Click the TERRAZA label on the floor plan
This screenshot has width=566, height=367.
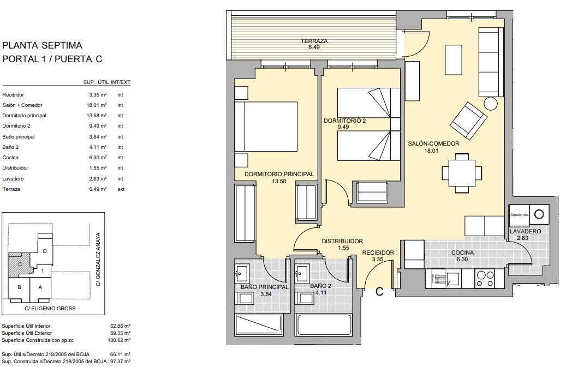[x=314, y=41]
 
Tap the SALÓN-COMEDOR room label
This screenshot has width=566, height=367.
[x=434, y=144]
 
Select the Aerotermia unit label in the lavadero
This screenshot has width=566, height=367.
[x=519, y=215]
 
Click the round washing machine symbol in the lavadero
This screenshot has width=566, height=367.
[x=539, y=214]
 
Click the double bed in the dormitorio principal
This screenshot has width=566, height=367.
[x=266, y=127]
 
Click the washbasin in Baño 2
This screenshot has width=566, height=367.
[x=302, y=271]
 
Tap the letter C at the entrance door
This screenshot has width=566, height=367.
[x=379, y=292]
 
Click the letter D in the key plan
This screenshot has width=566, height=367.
[x=45, y=251]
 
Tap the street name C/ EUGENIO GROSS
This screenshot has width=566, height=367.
[x=51, y=309]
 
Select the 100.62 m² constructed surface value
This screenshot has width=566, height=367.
[x=120, y=340]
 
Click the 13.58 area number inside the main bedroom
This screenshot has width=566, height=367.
[x=278, y=182]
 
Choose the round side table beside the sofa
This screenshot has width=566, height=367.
[x=491, y=103]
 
